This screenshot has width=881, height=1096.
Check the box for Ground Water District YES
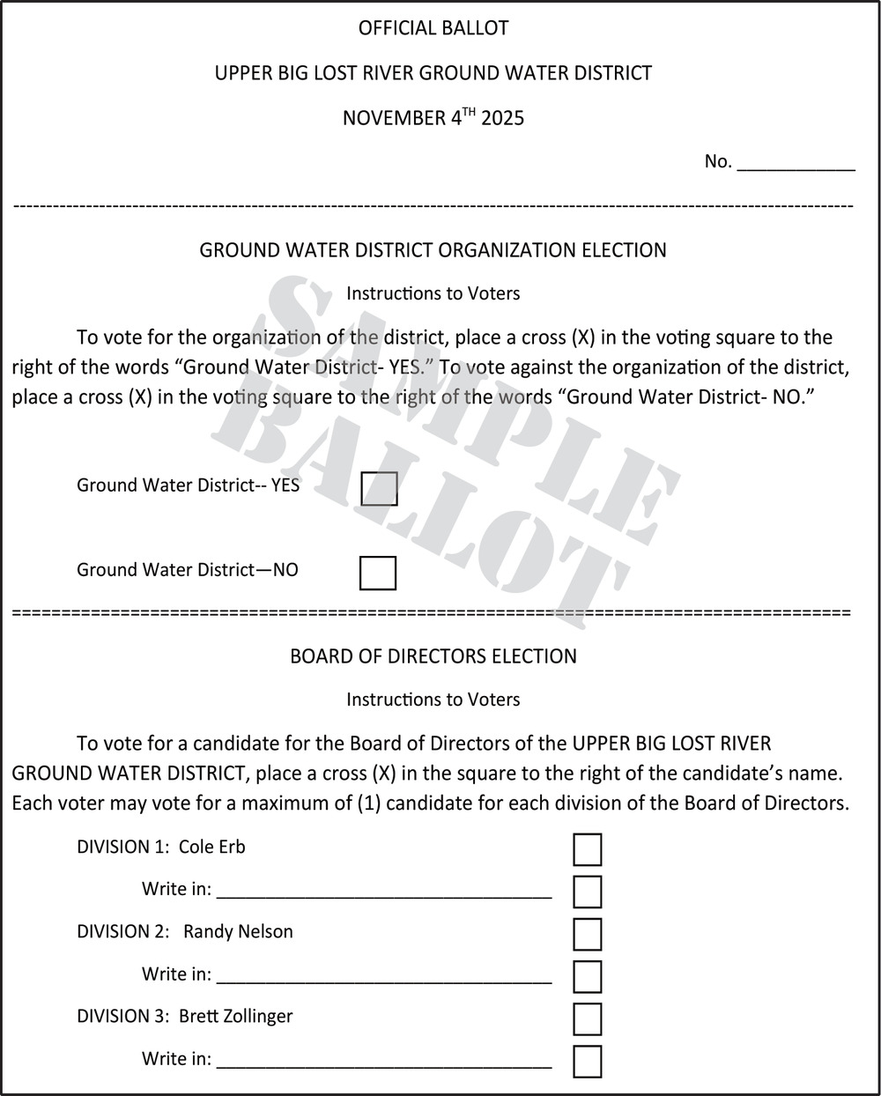[x=379, y=488]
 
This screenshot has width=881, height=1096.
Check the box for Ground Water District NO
[x=377, y=573]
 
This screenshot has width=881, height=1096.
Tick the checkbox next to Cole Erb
[x=587, y=849]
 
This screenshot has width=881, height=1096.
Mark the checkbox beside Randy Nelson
[x=587, y=934]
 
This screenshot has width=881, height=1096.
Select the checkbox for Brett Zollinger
[x=587, y=1018]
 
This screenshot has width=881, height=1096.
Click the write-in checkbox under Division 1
[x=587, y=892]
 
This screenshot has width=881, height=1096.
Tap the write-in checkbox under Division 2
[x=587, y=976]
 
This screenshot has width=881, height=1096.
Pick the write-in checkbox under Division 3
[x=587, y=1061]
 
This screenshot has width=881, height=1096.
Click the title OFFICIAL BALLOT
[x=433, y=28]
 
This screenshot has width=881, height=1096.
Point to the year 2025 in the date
[x=502, y=118]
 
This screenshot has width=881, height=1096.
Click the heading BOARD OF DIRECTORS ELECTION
[x=433, y=656]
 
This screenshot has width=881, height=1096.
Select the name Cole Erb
[x=212, y=848]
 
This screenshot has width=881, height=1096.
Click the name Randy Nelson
[x=238, y=932]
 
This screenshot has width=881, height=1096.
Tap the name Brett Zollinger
[x=236, y=1017]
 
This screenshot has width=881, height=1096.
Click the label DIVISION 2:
[x=122, y=932]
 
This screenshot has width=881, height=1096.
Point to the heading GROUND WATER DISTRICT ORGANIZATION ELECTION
[x=433, y=250]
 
